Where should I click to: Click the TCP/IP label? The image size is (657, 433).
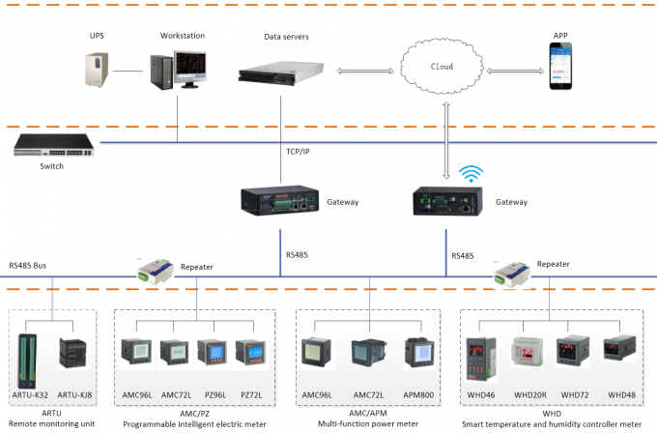point(300,153)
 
